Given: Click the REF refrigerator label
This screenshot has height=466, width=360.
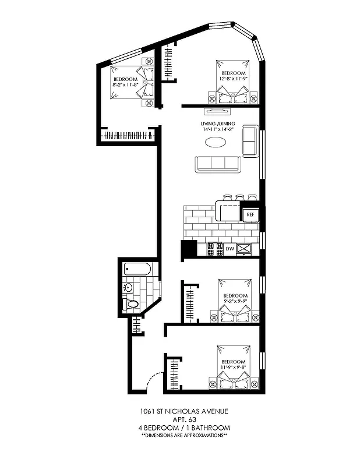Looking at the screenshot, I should (250, 215).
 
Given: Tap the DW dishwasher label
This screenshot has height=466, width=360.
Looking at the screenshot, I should (230, 249).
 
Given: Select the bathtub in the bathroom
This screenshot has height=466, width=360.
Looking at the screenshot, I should (138, 270).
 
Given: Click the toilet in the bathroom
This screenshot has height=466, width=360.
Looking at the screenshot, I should (133, 304).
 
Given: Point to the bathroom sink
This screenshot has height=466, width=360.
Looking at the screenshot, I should (129, 287).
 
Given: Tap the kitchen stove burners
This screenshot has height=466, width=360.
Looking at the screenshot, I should (216, 249).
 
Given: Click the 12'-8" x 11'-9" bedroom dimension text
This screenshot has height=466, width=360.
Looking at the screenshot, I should (234, 78).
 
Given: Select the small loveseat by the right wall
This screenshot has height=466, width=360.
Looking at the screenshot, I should (250, 140).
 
